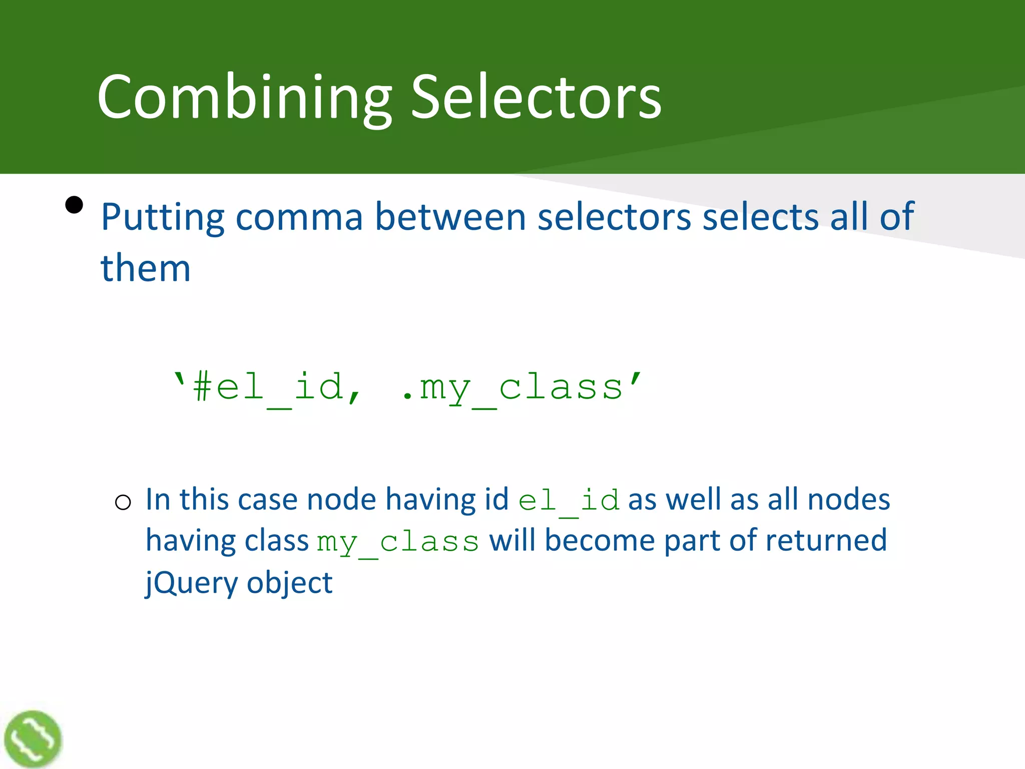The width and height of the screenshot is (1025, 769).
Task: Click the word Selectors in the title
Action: click(x=536, y=98)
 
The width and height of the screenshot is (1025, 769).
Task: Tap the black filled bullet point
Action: click(x=74, y=205)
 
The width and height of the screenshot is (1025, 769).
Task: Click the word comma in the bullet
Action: click(x=299, y=218)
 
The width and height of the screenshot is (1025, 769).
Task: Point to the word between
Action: click(x=450, y=218)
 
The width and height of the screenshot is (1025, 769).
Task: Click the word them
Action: click(x=145, y=269)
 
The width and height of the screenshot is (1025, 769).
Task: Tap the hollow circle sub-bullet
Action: click(x=123, y=502)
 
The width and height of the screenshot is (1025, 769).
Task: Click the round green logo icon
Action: click(x=33, y=738)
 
